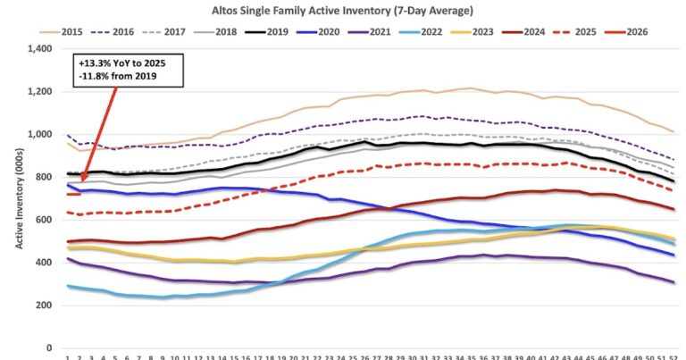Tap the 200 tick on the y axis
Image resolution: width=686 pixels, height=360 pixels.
tap(46, 306)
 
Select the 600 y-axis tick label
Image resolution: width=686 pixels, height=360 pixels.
tap(46, 220)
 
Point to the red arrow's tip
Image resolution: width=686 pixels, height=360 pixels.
tap(79, 189)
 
